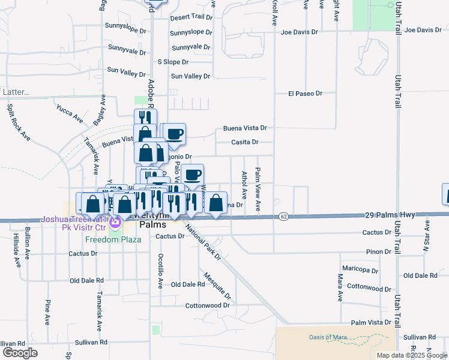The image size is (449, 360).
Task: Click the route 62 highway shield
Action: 284,215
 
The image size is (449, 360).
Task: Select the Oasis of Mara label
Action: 329,337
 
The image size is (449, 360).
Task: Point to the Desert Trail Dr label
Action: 191,18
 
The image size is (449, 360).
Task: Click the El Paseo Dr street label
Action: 305,94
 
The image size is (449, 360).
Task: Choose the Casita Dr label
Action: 245,142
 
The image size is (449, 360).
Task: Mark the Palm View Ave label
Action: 258,189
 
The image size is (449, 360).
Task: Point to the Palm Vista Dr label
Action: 371,322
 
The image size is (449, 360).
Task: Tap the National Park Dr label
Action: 203,242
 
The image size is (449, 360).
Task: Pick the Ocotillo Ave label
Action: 160,271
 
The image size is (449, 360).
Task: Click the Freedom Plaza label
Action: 113,239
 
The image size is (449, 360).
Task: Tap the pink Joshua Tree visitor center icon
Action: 116,227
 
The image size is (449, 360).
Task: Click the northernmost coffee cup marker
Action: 175,134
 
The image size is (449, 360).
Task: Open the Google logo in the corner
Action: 19,352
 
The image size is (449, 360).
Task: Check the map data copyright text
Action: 411,355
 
